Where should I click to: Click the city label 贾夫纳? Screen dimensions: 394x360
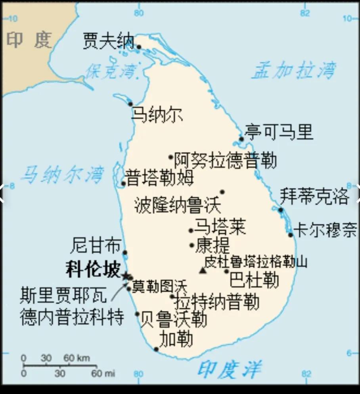pos(108,41)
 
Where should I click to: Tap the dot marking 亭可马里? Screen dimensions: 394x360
pos(241,139)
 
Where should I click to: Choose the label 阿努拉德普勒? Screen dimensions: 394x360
pos(225,160)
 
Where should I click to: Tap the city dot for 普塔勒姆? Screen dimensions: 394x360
pos(123,183)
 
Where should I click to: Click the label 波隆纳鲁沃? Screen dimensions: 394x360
pos(177,205)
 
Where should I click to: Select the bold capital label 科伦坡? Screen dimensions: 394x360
pos(93,270)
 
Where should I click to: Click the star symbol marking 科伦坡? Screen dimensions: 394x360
pos(126,276)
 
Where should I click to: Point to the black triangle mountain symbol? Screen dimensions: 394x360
pos(203,270)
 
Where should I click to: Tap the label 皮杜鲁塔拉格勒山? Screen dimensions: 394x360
pos(255,262)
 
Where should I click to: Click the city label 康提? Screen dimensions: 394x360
pos(213,246)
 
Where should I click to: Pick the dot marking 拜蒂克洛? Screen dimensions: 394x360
pos(281,210)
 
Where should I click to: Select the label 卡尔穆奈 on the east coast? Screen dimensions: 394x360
pos(325,230)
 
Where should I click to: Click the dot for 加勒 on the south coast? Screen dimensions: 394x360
pos(156,349)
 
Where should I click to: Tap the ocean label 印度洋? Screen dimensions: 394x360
pos(229,369)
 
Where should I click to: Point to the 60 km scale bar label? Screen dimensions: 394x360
pos(77,358)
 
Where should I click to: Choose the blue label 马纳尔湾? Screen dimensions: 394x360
pos(63,174)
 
